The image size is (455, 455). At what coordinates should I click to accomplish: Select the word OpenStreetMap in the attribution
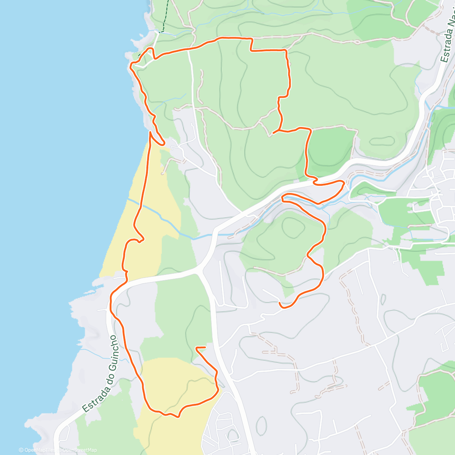[x=80, y=450]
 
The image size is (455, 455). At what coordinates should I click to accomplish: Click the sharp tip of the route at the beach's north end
[x=151, y=132]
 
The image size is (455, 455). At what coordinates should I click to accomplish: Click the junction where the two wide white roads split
[x=199, y=270]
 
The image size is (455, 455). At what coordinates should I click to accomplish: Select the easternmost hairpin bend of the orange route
[x=344, y=184]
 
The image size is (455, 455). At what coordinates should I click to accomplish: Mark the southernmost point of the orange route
[x=177, y=417]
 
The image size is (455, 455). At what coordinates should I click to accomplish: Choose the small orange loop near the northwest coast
[x=151, y=52]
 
